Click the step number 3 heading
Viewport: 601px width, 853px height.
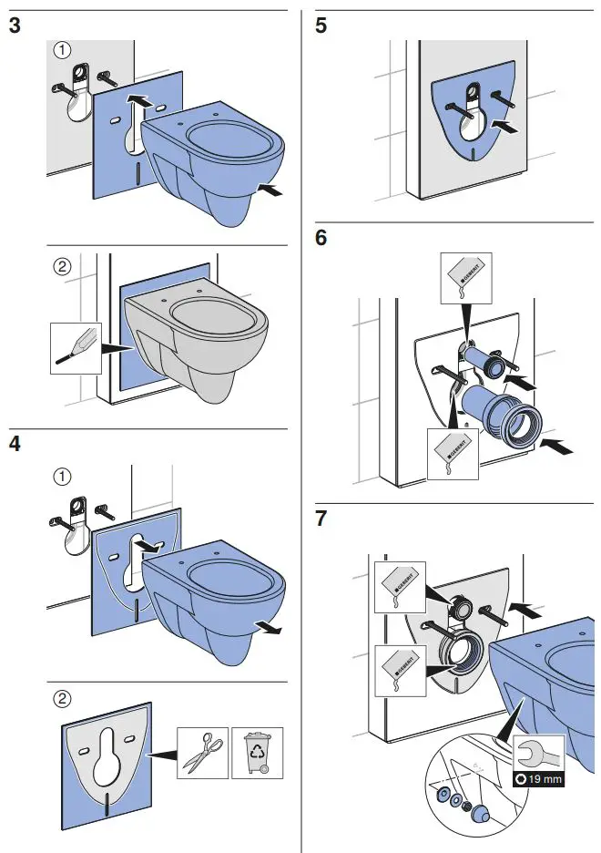[x=15, y=26]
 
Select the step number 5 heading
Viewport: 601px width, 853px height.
[x=321, y=26]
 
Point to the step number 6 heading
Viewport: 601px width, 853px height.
[x=321, y=239]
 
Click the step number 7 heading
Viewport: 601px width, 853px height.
[x=321, y=519]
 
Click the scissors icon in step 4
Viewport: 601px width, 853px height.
[x=200, y=751]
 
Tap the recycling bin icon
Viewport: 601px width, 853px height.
[x=257, y=751]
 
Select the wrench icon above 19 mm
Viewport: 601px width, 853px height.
[x=538, y=755]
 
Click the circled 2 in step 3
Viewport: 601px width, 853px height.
[x=62, y=268]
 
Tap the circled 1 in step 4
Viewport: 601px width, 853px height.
[x=62, y=476]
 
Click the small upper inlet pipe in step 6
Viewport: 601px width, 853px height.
[x=483, y=363]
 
